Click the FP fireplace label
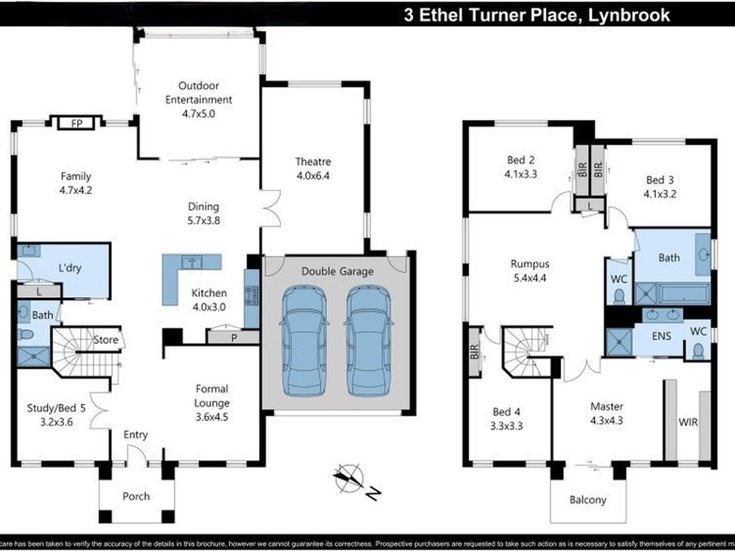click(x=77, y=123)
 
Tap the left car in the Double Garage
click(x=304, y=341)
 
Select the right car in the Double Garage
click(x=368, y=341)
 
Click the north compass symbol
click(x=349, y=478)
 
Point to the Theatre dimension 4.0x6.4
click(x=313, y=176)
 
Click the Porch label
click(x=136, y=496)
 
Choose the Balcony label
click(x=588, y=500)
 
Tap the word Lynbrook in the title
click(x=629, y=15)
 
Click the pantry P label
click(x=234, y=338)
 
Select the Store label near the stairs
click(x=106, y=339)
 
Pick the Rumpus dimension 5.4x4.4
click(x=530, y=278)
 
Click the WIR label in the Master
click(x=688, y=422)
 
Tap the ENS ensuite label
click(x=661, y=336)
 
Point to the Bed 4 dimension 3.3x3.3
click(x=506, y=426)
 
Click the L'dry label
click(x=70, y=268)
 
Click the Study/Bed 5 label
click(x=56, y=408)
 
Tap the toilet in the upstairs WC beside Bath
click(x=619, y=296)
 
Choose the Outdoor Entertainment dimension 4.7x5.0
click(x=198, y=114)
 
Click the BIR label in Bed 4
click(x=475, y=351)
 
